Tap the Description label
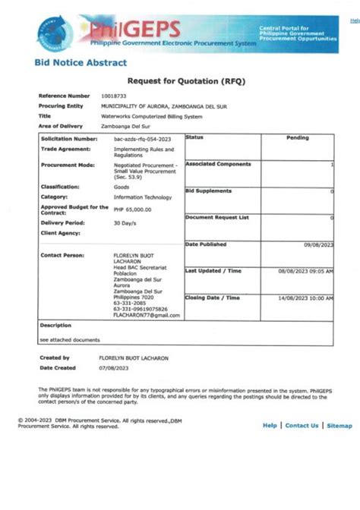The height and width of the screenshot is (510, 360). [x=55, y=325]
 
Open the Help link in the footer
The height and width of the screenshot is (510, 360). [x=270, y=426]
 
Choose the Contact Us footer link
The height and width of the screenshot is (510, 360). [x=302, y=426]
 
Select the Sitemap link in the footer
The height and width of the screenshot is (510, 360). [x=339, y=426]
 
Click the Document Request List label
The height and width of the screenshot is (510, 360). [x=216, y=218]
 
